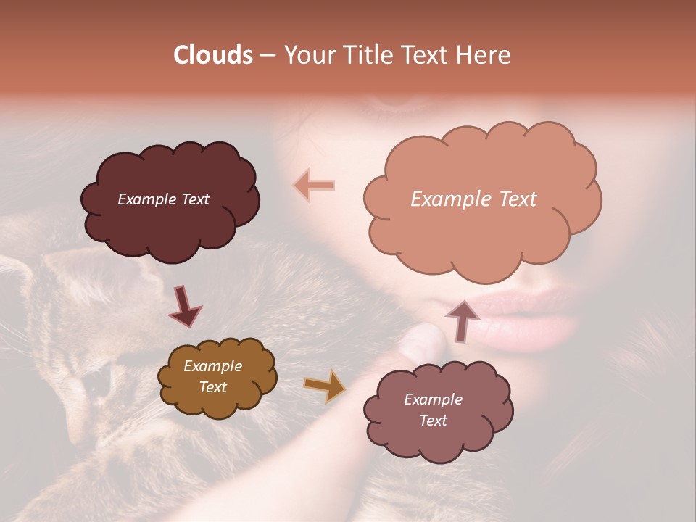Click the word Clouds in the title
[x=213, y=55]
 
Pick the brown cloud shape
[x=217, y=402]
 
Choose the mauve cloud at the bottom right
[x=439, y=442]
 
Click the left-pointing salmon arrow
[x=314, y=185]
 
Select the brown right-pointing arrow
[x=324, y=386]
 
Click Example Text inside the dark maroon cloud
[x=163, y=199]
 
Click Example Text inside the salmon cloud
[x=473, y=199]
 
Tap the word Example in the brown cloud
[x=212, y=367]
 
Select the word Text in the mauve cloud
[x=433, y=420]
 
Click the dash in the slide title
[x=267, y=55]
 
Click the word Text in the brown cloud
[x=212, y=387]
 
